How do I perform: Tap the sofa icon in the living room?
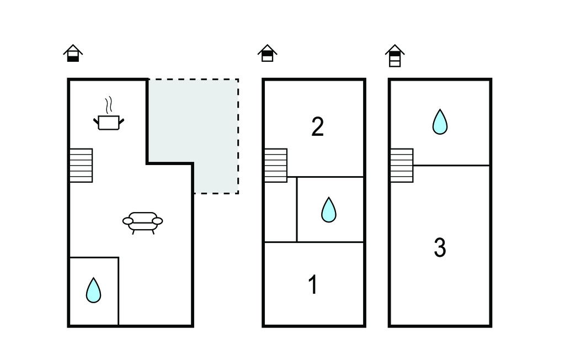point(143,223)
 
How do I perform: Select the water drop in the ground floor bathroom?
point(93,290)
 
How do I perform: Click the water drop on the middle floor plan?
point(329,210)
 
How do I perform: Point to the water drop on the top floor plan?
point(440,122)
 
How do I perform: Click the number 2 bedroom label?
point(317,126)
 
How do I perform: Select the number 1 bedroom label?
point(313,284)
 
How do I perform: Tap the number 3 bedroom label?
point(440,247)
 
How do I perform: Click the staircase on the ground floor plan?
point(81,166)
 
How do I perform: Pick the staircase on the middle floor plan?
point(276,166)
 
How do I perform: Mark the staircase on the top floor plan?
point(402,166)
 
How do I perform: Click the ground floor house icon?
point(73,53)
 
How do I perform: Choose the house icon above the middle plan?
point(268,53)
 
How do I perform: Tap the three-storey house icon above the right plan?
point(395,56)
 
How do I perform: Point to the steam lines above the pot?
point(109,104)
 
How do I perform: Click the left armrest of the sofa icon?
point(128,221)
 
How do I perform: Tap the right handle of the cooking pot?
point(121,121)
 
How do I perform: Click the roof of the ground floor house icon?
point(73,49)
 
